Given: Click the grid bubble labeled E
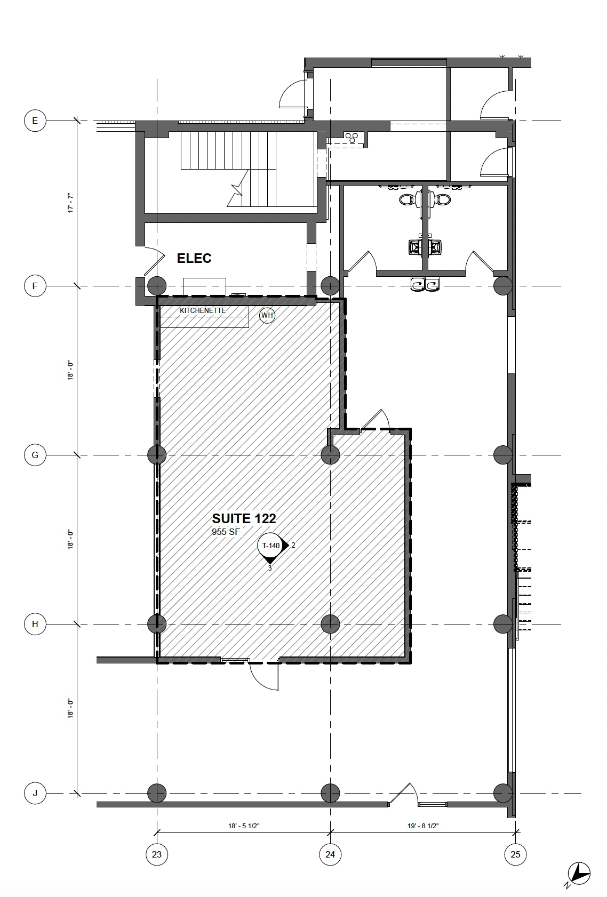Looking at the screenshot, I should [x=35, y=121].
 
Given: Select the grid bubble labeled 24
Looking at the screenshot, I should [x=330, y=854].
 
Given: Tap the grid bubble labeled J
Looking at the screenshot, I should [x=35, y=793].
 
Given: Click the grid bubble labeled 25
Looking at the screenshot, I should [x=515, y=854].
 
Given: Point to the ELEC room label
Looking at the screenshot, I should [x=194, y=259].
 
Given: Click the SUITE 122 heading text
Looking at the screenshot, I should [x=244, y=518].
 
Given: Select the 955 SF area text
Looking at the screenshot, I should [x=226, y=532].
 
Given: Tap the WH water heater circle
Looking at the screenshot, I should [x=267, y=315].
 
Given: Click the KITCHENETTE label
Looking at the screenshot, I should [x=202, y=310].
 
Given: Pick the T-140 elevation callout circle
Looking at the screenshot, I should [x=270, y=545].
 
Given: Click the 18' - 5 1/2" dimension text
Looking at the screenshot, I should [x=244, y=826].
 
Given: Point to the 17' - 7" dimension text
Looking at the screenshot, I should [x=70, y=204].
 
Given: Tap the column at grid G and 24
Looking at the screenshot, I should [x=331, y=455].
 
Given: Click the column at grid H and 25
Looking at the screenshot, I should [x=503, y=624].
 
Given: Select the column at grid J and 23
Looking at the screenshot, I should [x=157, y=793].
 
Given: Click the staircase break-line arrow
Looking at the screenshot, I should [x=236, y=191].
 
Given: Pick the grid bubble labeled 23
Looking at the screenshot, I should [x=157, y=854].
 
